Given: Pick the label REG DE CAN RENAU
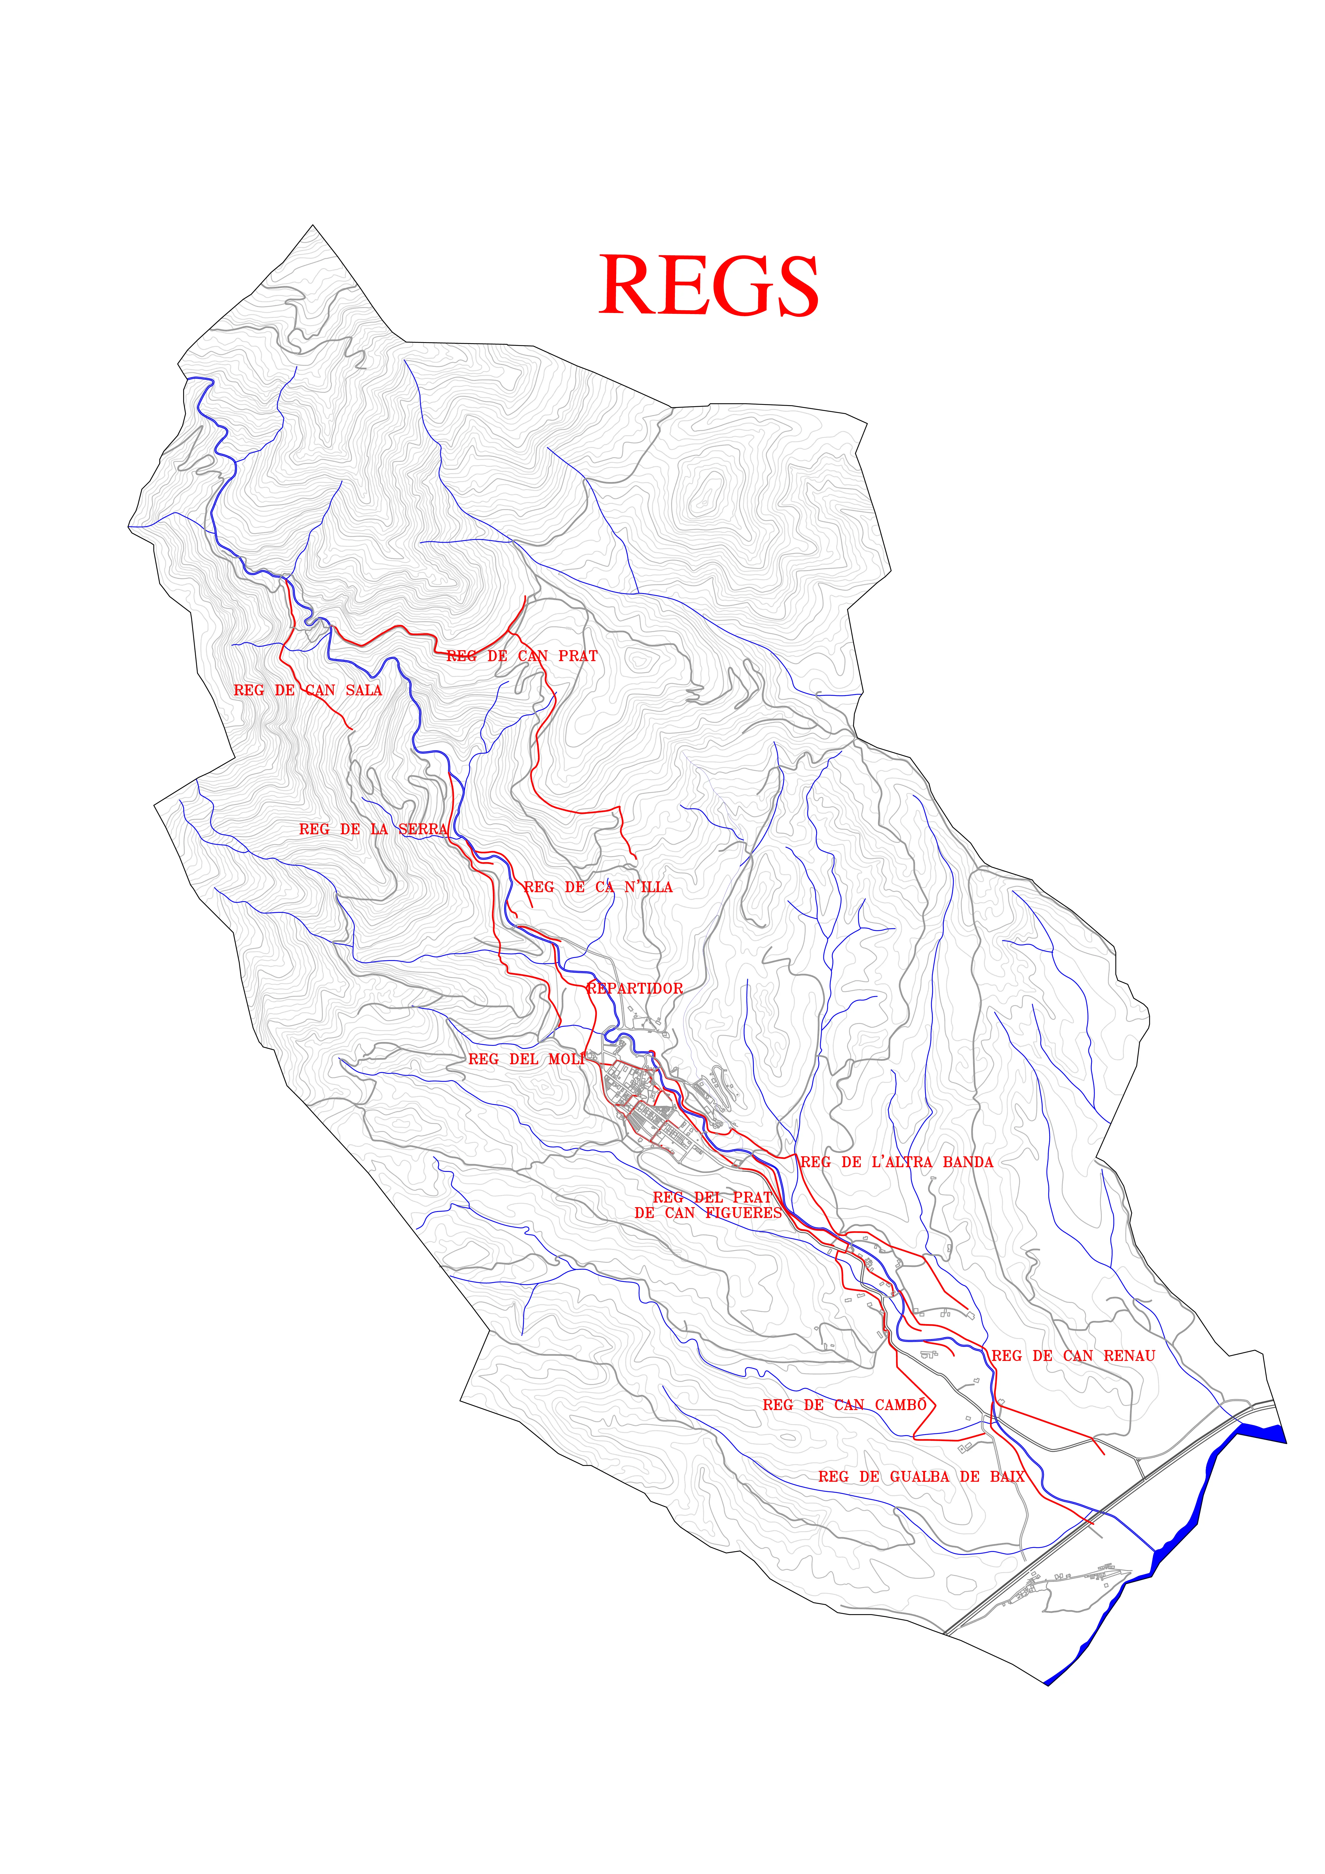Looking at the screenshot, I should [x=1073, y=1356].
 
